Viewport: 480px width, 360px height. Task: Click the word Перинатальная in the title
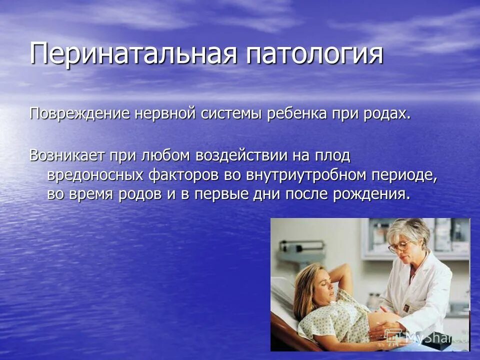133,54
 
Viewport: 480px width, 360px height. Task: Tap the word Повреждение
79,114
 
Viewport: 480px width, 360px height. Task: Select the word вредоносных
94,175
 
